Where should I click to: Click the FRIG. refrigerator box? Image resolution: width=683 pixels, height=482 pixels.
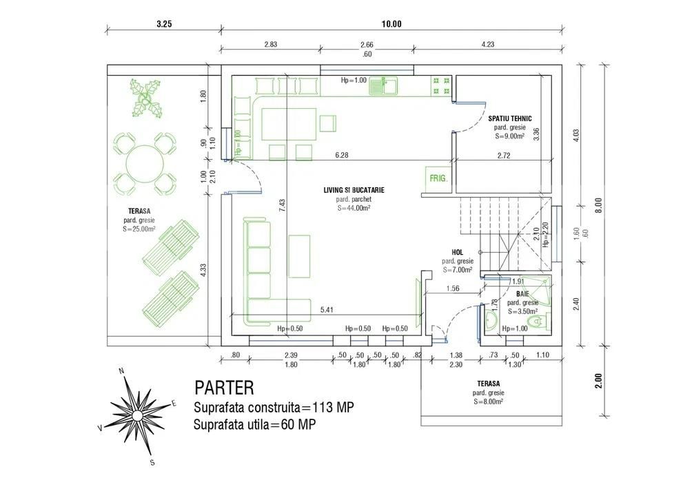(438, 177)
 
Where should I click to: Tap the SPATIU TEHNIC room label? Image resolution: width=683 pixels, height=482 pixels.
(510, 118)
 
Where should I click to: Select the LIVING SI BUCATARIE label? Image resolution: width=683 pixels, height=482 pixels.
(354, 189)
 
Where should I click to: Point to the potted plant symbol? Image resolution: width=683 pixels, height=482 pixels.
(147, 97)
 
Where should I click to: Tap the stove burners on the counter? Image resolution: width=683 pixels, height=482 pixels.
(441, 86)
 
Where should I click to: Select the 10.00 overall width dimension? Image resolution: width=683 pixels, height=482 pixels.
(391, 23)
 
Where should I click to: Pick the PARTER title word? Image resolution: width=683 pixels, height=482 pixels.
(223, 388)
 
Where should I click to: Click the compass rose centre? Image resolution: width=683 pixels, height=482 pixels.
(136, 415)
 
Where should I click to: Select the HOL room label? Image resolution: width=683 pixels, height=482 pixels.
(457, 253)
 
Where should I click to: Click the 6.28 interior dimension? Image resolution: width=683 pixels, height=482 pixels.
(342, 155)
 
